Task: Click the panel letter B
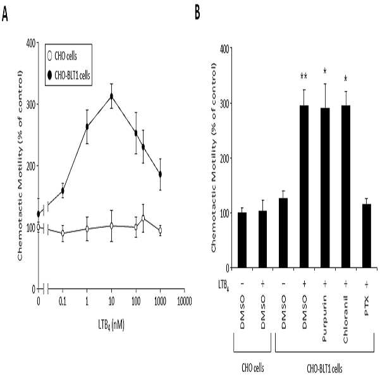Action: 197,13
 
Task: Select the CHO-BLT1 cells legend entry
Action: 70,75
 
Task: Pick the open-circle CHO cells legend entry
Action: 62,56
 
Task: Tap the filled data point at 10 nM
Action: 111,96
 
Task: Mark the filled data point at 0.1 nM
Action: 63,191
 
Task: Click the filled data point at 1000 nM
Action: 160,175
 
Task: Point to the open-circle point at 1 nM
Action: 87,229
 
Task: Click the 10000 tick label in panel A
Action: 184,301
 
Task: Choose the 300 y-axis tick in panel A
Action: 31,104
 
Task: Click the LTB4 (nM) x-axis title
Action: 111,325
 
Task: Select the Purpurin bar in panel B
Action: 325,188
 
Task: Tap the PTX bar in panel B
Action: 367,236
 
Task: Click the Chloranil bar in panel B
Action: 346,187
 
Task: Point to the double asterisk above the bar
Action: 304,77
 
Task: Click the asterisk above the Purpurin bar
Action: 325,71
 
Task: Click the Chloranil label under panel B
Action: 346,319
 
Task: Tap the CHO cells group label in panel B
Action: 253,368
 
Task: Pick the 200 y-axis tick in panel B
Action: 224,158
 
